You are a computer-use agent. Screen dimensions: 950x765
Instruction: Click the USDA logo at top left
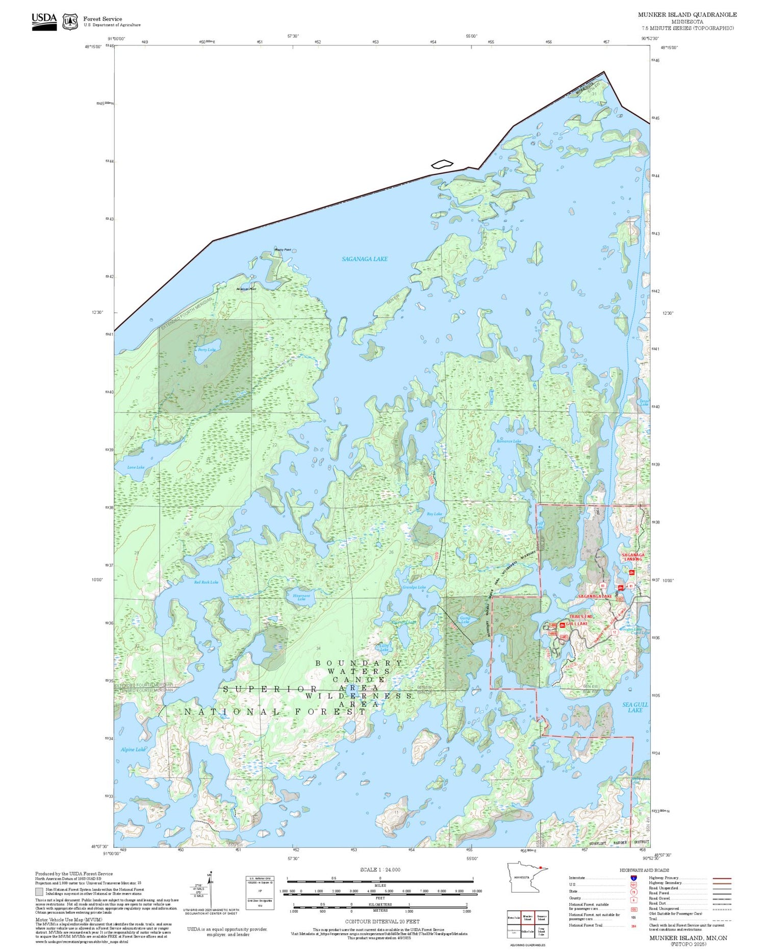click(44, 21)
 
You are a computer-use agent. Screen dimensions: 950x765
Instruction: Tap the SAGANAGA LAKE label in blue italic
click(364, 259)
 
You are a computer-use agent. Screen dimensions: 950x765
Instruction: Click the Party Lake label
click(207, 349)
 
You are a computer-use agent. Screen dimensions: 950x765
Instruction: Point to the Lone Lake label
click(136, 467)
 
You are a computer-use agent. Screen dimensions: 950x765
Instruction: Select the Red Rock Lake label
click(206, 582)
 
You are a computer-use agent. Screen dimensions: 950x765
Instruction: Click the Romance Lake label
click(508, 441)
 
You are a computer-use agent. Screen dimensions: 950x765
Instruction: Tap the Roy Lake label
click(434, 514)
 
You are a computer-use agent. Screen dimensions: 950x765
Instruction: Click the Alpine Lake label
click(132, 749)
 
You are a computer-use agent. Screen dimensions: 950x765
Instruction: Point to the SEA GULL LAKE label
click(635, 707)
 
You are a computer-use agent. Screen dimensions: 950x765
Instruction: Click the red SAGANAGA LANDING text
click(633, 557)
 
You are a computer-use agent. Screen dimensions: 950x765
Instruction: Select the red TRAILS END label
click(581, 616)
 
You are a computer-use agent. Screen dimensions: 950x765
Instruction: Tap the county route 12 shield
click(615, 632)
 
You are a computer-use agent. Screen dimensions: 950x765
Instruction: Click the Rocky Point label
click(283, 249)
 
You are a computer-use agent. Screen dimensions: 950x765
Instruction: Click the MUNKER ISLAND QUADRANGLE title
click(687, 15)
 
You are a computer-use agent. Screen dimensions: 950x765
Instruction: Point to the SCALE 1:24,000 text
click(380, 869)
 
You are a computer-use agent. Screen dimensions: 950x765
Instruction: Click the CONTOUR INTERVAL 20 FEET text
click(382, 921)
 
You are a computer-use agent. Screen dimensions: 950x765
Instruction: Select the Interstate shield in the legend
click(633, 878)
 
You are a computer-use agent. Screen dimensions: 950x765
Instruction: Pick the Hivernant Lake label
click(301, 596)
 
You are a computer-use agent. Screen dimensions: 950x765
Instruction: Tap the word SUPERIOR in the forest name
click(271, 689)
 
